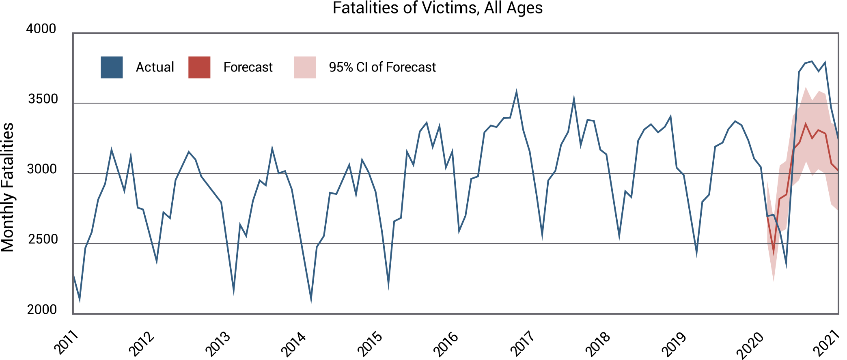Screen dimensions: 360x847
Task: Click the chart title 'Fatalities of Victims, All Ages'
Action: [438, 8]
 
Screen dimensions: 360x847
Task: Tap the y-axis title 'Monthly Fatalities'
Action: [8, 187]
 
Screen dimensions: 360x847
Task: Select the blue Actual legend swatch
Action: [112, 67]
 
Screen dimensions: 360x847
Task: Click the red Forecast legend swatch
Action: [199, 67]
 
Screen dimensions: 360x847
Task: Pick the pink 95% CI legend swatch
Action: [305, 67]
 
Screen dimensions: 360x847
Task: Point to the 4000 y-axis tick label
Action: [41, 29]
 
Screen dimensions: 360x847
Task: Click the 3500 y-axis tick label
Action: [43, 99]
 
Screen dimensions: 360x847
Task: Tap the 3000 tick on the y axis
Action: [42, 169]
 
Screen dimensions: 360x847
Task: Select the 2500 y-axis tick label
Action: [43, 239]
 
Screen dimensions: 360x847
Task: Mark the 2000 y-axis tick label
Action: [42, 310]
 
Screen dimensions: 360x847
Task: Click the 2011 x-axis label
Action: [66, 343]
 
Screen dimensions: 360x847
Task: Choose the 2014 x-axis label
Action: [293, 344]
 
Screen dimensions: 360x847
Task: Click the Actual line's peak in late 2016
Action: [516, 92]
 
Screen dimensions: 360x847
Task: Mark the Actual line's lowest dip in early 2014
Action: [311, 300]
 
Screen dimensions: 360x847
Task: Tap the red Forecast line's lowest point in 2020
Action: [774, 253]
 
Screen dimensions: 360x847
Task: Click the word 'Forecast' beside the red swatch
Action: [248, 67]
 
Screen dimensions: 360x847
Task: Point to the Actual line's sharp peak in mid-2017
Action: [574, 99]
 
